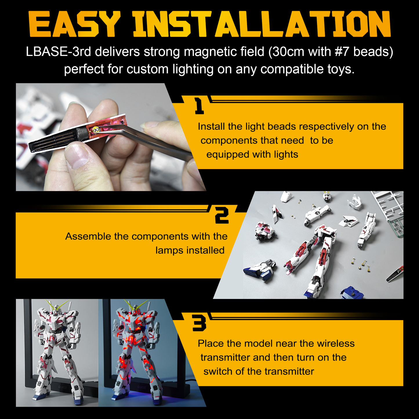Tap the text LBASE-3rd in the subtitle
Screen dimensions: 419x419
tap(58, 52)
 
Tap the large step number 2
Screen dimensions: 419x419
tap(222, 215)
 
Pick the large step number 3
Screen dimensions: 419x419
tap(199, 323)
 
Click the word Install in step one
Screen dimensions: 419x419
tap(211, 127)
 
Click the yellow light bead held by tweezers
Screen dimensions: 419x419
tap(97, 130)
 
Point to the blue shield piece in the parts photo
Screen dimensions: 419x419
tap(352, 292)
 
